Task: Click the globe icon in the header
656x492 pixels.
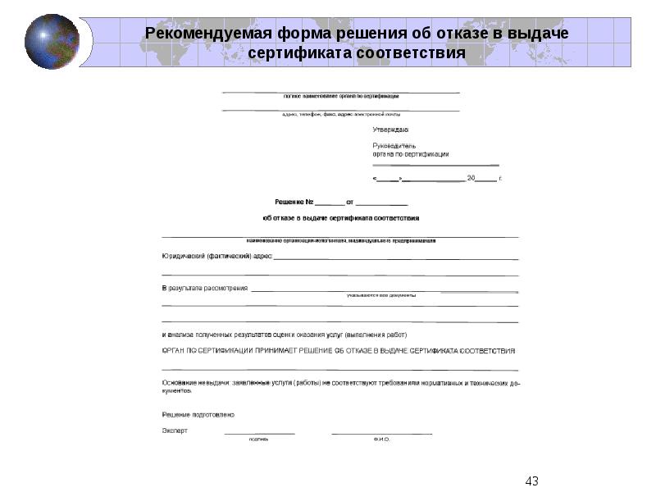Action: [x=52, y=41]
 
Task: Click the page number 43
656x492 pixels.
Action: [x=531, y=481]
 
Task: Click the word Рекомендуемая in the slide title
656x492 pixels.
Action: [x=195, y=34]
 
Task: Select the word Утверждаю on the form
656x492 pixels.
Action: [x=390, y=130]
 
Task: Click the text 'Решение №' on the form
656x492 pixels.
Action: [x=294, y=201]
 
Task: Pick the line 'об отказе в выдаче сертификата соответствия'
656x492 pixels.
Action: [x=340, y=218]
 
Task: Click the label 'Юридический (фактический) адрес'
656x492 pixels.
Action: [x=216, y=257]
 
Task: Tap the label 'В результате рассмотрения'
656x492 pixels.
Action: [x=204, y=289]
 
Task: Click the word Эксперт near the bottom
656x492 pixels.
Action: [x=175, y=430]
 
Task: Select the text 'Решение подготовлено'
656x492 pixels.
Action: [x=198, y=414]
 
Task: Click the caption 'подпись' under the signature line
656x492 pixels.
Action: [x=259, y=440]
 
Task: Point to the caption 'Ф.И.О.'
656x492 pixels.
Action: [x=381, y=440]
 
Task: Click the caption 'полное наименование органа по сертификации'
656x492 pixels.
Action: [x=340, y=96]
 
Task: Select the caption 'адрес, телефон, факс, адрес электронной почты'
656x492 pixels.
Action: [x=340, y=115]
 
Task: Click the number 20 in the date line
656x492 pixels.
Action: [x=471, y=177]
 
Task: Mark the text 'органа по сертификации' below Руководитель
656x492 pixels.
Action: [x=411, y=153]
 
